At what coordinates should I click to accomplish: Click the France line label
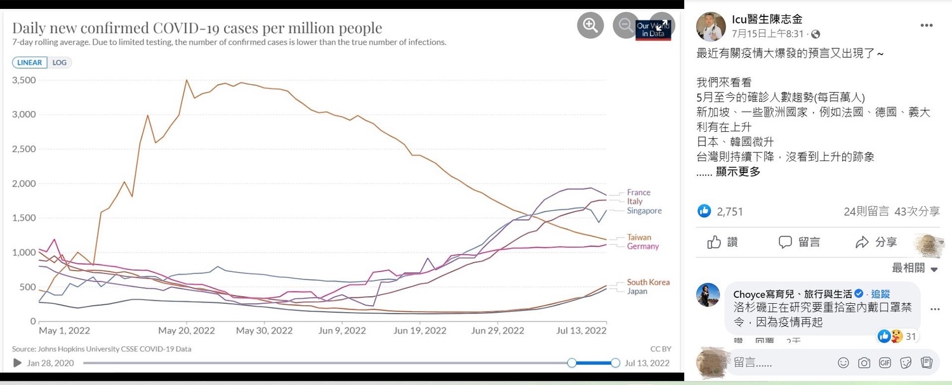pos(638,192)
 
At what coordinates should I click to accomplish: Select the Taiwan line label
pos(638,237)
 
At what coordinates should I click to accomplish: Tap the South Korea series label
pos(648,282)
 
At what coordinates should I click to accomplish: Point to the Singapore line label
pos(644,211)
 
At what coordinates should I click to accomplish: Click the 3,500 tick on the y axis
pos(24,80)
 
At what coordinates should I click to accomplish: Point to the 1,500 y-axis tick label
pos(24,218)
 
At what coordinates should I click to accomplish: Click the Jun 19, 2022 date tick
pos(420,330)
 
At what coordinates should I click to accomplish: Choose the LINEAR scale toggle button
pos(29,63)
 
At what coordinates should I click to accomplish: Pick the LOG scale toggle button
pos(60,63)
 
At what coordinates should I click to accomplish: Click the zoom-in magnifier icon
pos(590,25)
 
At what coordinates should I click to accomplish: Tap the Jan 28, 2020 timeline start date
pos(50,363)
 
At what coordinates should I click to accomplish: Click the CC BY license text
pos(660,349)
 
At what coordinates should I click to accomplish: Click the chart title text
pos(197,28)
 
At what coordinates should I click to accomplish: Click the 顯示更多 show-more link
pos(737,172)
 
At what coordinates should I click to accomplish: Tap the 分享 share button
pos(876,242)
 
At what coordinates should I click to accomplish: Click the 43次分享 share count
pos(916,211)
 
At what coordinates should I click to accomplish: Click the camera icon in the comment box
pos(864,363)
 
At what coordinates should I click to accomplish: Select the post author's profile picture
pos(711,26)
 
